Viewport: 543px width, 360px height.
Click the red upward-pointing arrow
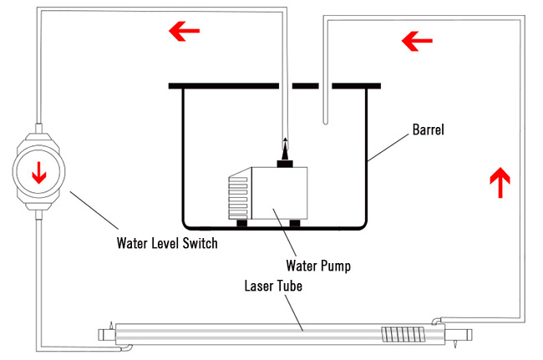click(x=500, y=182)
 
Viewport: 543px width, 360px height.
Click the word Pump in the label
click(x=332, y=267)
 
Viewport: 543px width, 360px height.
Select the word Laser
click(x=260, y=283)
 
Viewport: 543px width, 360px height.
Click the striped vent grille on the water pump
click(x=238, y=197)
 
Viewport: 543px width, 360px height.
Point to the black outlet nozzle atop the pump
click(x=286, y=152)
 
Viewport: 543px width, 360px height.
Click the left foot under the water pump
click(x=241, y=223)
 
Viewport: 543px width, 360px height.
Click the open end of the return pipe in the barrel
click(x=324, y=123)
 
